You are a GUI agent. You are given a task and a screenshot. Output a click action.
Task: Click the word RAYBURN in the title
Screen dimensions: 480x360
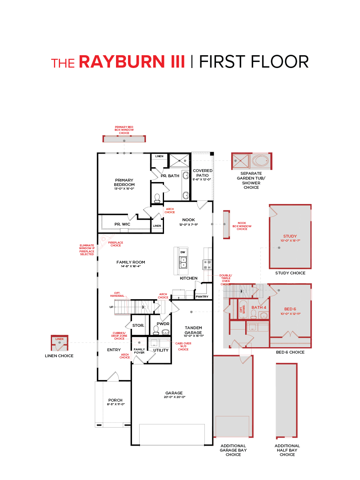pyautogui.click(x=132, y=62)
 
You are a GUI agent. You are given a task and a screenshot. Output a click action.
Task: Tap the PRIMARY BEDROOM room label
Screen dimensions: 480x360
pyautogui.click(x=124, y=182)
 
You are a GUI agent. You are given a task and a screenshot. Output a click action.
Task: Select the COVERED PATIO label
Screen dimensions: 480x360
pyautogui.click(x=203, y=173)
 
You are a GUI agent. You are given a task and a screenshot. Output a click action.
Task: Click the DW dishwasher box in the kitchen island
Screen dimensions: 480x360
pyautogui.click(x=183, y=252)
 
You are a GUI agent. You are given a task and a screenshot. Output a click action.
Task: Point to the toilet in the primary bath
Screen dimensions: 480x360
pyautogui.click(x=157, y=198)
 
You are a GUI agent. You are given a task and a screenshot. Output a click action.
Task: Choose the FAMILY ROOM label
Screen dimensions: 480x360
pyautogui.click(x=131, y=262)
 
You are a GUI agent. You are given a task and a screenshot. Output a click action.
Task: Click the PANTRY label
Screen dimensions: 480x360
pyautogui.click(x=202, y=296)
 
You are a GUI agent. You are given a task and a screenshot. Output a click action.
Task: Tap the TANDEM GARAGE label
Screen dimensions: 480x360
pyautogui.click(x=193, y=330)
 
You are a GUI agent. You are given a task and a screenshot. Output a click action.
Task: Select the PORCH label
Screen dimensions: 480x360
pyautogui.click(x=116, y=400)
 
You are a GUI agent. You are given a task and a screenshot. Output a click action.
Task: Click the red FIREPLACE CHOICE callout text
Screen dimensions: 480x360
pyautogui.click(x=116, y=244)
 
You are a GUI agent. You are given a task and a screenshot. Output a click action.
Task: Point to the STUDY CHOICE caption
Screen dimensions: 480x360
pyautogui.click(x=290, y=273)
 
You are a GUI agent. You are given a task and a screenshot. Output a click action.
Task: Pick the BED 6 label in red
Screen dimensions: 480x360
pyautogui.click(x=290, y=309)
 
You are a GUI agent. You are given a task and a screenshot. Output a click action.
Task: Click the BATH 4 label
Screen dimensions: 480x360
pyautogui.click(x=259, y=307)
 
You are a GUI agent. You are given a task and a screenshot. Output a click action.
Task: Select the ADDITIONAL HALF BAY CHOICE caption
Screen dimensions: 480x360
pyautogui.click(x=287, y=450)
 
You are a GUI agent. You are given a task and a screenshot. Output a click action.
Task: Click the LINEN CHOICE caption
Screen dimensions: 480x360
pyautogui.click(x=59, y=356)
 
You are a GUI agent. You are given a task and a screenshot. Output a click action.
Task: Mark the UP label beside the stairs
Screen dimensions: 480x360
pyautogui.click(x=111, y=307)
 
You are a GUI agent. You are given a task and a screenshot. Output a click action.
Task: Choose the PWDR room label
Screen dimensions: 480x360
pyautogui.click(x=163, y=324)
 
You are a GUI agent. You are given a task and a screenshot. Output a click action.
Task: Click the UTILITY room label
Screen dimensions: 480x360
pyautogui.click(x=161, y=350)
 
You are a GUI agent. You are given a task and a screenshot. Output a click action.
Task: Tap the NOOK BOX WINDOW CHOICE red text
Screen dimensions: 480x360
pyautogui.click(x=242, y=226)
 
